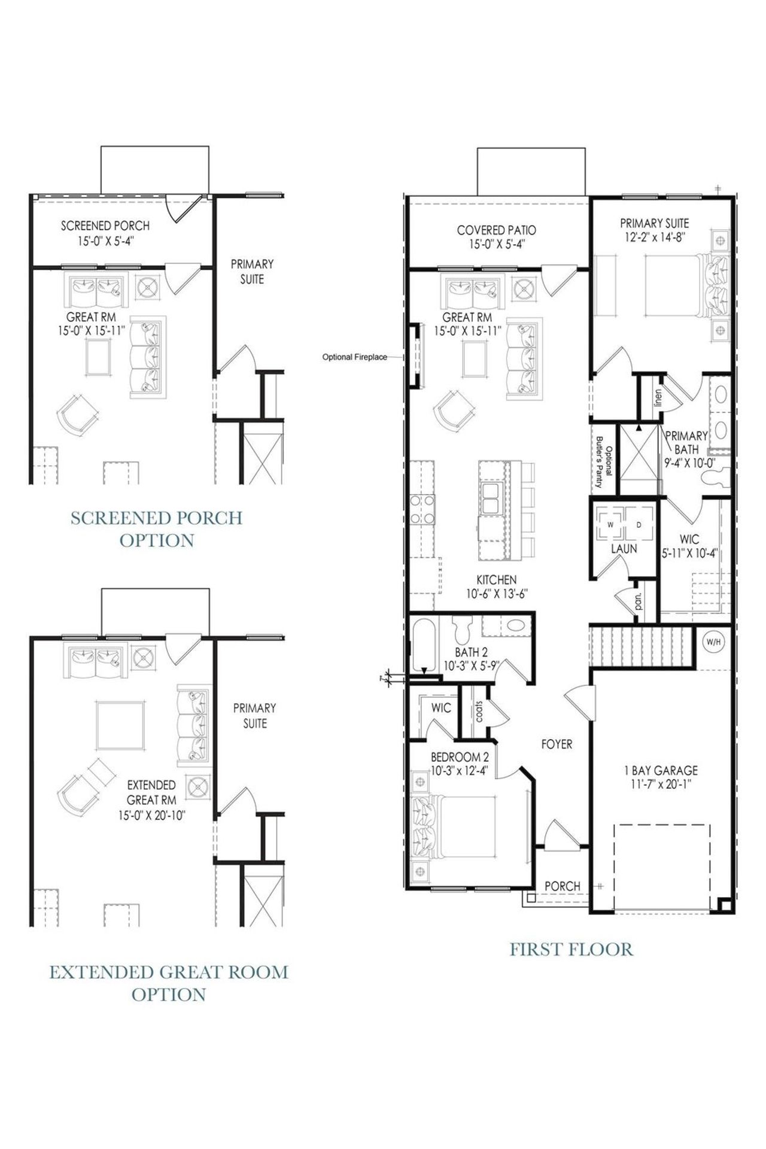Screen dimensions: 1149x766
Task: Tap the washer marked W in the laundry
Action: point(610,525)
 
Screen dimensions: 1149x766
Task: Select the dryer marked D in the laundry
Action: point(638,525)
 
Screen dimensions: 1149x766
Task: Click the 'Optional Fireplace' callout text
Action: point(354,357)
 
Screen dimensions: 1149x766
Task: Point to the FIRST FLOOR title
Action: point(571,949)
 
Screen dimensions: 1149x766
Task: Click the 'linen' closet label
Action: point(658,397)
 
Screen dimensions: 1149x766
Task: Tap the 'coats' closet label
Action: point(479,710)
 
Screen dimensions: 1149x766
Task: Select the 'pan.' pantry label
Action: point(639,600)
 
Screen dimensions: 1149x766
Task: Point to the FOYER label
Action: point(557,744)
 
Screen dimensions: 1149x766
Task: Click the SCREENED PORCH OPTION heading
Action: point(157,528)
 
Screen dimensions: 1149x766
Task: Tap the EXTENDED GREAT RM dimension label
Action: point(151,800)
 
